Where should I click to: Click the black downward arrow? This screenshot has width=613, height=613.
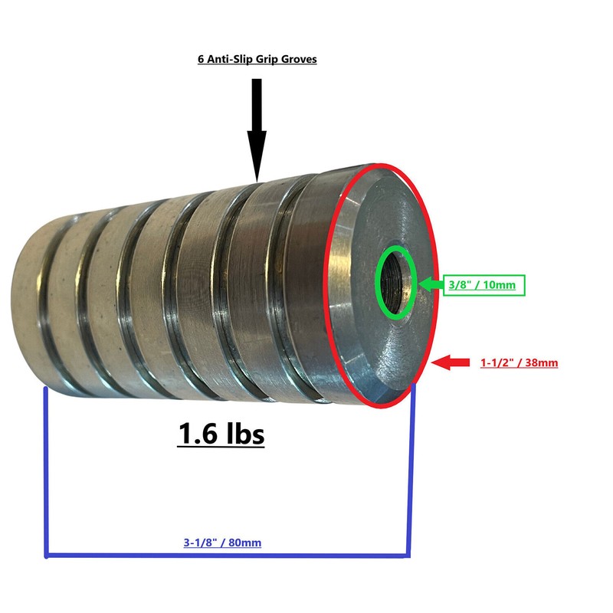tap(257, 130)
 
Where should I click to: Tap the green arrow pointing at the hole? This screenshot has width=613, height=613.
tap(431, 284)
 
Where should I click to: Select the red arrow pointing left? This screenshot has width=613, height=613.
tap(451, 362)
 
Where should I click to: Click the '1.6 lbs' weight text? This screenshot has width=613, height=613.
tap(221, 434)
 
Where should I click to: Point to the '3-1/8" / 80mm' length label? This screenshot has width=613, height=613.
tap(222, 543)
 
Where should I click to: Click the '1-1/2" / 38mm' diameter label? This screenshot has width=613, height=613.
tap(520, 362)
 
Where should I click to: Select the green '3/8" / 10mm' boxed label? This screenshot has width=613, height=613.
tap(484, 285)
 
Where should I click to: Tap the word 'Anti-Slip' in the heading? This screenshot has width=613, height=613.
tap(230, 59)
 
